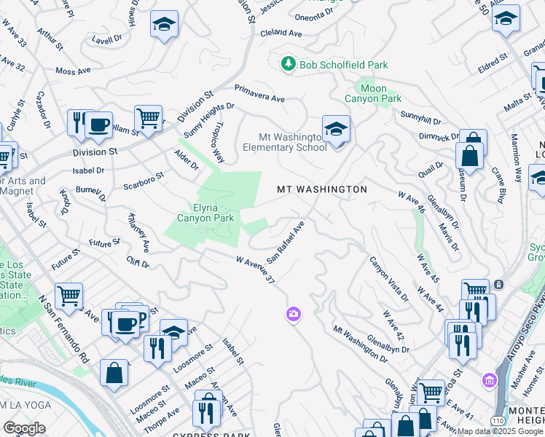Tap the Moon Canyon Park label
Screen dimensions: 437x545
pyautogui.click(x=373, y=93)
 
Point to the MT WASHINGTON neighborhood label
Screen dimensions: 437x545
pyautogui.click(x=321, y=189)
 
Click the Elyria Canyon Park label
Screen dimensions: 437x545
pyautogui.click(x=207, y=217)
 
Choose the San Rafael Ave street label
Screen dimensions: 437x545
pyautogui.click(x=285, y=242)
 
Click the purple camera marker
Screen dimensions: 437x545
pyautogui.click(x=293, y=313)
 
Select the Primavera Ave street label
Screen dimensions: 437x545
pyautogui.click(x=259, y=92)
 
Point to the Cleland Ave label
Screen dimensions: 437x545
pyautogui.click(x=281, y=34)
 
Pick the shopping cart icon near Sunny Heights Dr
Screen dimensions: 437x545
pyautogui.click(x=148, y=117)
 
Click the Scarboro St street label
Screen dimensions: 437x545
pyautogui.click(x=143, y=179)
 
